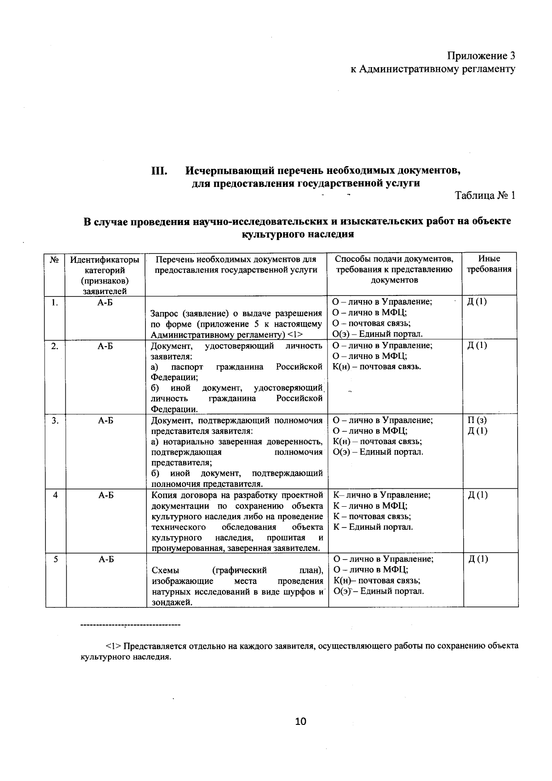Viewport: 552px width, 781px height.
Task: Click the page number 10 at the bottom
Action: coord(300,721)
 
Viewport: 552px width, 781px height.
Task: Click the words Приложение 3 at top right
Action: coord(481,56)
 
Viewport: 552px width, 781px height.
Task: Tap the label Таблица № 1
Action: coord(485,195)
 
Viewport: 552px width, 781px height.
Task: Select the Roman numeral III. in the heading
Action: coord(159,171)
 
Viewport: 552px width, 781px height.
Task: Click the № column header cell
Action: coord(55,260)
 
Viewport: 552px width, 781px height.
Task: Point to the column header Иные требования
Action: coord(489,264)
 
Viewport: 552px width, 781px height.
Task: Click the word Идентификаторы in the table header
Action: coord(104,260)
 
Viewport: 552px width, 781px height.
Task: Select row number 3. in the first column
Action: coord(55,420)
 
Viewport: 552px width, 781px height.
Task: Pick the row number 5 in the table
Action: coord(55,559)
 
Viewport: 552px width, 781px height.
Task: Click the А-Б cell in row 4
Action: coord(106,495)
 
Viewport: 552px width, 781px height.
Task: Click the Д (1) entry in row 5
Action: coord(477,559)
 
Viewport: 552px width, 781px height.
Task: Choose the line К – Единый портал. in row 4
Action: coord(373,527)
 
